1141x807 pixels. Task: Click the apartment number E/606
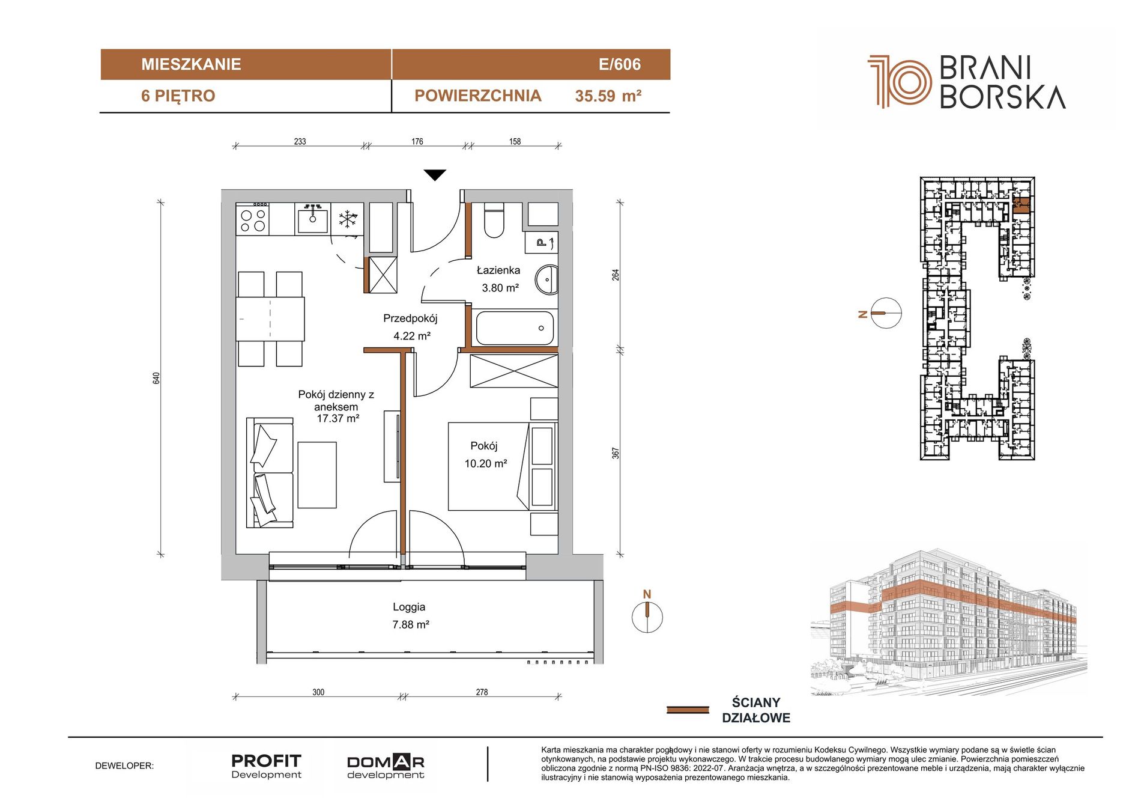[x=619, y=64]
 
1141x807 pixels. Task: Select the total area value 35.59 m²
[x=608, y=96]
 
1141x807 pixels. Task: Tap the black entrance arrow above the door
[x=435, y=175]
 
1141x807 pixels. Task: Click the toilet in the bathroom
[x=494, y=220]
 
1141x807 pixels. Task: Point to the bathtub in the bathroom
[x=515, y=328]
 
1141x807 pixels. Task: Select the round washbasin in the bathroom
[x=547, y=279]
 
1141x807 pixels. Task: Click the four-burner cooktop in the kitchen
[x=253, y=219]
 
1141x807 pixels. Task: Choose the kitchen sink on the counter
[x=312, y=219]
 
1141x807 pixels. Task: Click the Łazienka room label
[x=498, y=270]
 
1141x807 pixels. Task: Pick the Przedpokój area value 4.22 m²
[x=412, y=336]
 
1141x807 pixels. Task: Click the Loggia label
[x=409, y=607]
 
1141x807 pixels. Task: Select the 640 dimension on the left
[x=157, y=378]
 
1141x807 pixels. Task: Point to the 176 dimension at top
[x=417, y=142]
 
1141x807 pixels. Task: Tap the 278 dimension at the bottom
[x=482, y=692]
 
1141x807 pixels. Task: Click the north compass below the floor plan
[x=647, y=617]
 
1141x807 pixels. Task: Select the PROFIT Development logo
[x=266, y=766]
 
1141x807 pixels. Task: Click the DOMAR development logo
[x=386, y=767]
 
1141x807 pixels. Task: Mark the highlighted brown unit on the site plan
[x=1021, y=206]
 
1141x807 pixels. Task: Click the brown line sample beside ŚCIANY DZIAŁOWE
[x=688, y=710]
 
